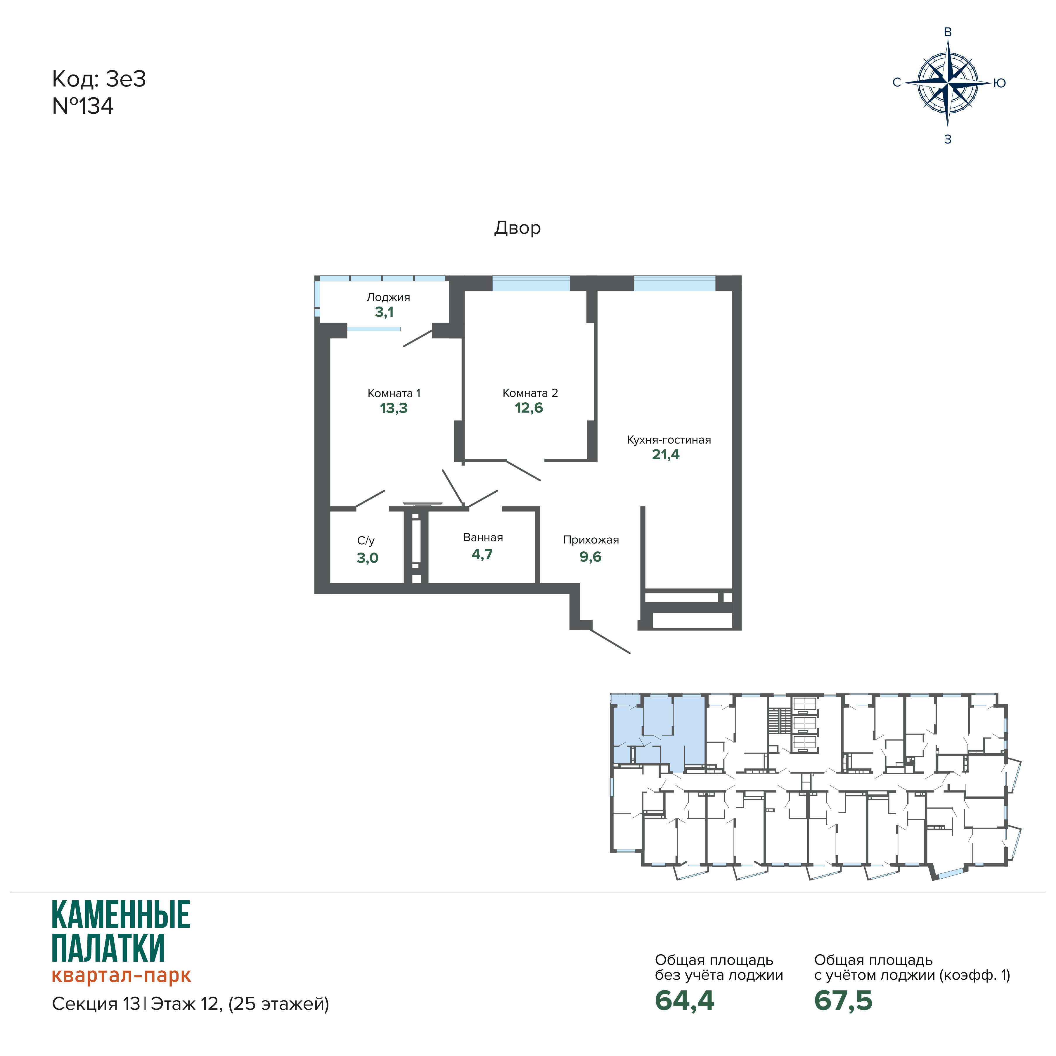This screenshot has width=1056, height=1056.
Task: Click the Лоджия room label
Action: click(388, 298)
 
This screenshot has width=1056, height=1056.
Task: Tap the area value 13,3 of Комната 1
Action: click(394, 408)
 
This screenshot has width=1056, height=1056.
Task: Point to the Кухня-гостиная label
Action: click(669, 440)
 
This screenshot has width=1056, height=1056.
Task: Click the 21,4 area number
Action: click(665, 455)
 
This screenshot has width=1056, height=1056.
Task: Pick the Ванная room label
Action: click(483, 538)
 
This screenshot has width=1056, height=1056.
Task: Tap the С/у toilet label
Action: click(366, 541)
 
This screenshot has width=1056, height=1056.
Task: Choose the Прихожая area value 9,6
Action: click(590, 557)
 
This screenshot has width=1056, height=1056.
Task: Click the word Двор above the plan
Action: click(517, 228)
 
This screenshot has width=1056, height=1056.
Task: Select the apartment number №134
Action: click(82, 106)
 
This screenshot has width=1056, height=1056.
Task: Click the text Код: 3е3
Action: click(99, 79)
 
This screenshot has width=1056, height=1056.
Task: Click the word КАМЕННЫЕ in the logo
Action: click(121, 915)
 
